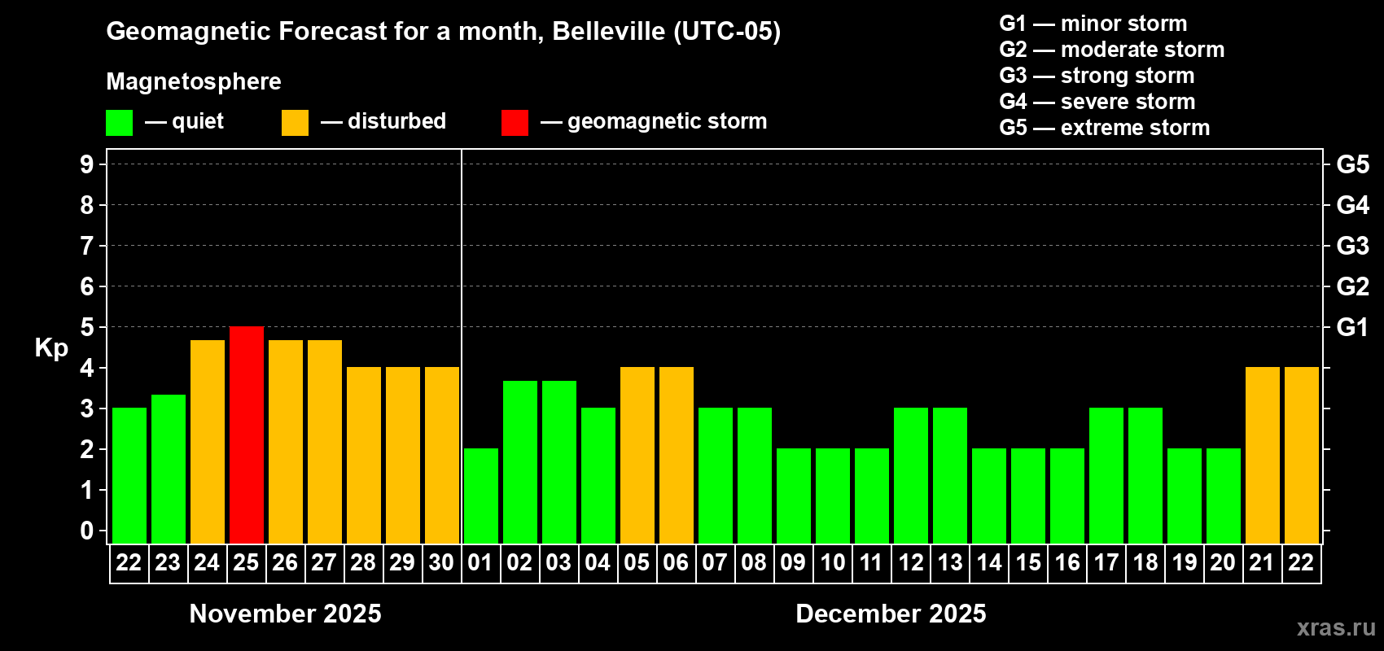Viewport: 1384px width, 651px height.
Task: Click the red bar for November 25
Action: (246, 435)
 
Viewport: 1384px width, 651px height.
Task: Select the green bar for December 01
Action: (480, 496)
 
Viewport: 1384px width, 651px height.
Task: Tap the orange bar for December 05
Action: (637, 455)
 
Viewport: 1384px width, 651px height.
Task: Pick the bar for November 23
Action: (168, 469)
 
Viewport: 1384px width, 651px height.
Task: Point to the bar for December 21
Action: (1262, 455)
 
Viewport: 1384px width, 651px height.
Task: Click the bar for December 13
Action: (949, 475)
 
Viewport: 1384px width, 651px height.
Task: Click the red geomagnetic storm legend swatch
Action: (515, 123)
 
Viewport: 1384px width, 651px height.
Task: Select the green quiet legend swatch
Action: (119, 123)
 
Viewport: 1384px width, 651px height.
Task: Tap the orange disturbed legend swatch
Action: (295, 123)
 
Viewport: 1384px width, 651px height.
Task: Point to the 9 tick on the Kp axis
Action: (87, 164)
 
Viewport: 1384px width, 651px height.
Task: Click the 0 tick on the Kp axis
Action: (87, 531)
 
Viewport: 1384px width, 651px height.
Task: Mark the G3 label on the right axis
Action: (1352, 246)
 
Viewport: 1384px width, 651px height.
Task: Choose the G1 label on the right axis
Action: (1352, 327)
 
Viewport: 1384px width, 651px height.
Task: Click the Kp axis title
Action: (51, 347)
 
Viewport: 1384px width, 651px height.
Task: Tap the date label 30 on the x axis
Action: (441, 562)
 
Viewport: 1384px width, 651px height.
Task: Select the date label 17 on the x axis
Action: (1106, 562)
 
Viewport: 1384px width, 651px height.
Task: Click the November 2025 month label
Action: (285, 614)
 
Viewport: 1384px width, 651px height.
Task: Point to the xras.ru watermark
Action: (1335, 627)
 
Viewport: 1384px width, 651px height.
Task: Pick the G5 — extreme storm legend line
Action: (1104, 128)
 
